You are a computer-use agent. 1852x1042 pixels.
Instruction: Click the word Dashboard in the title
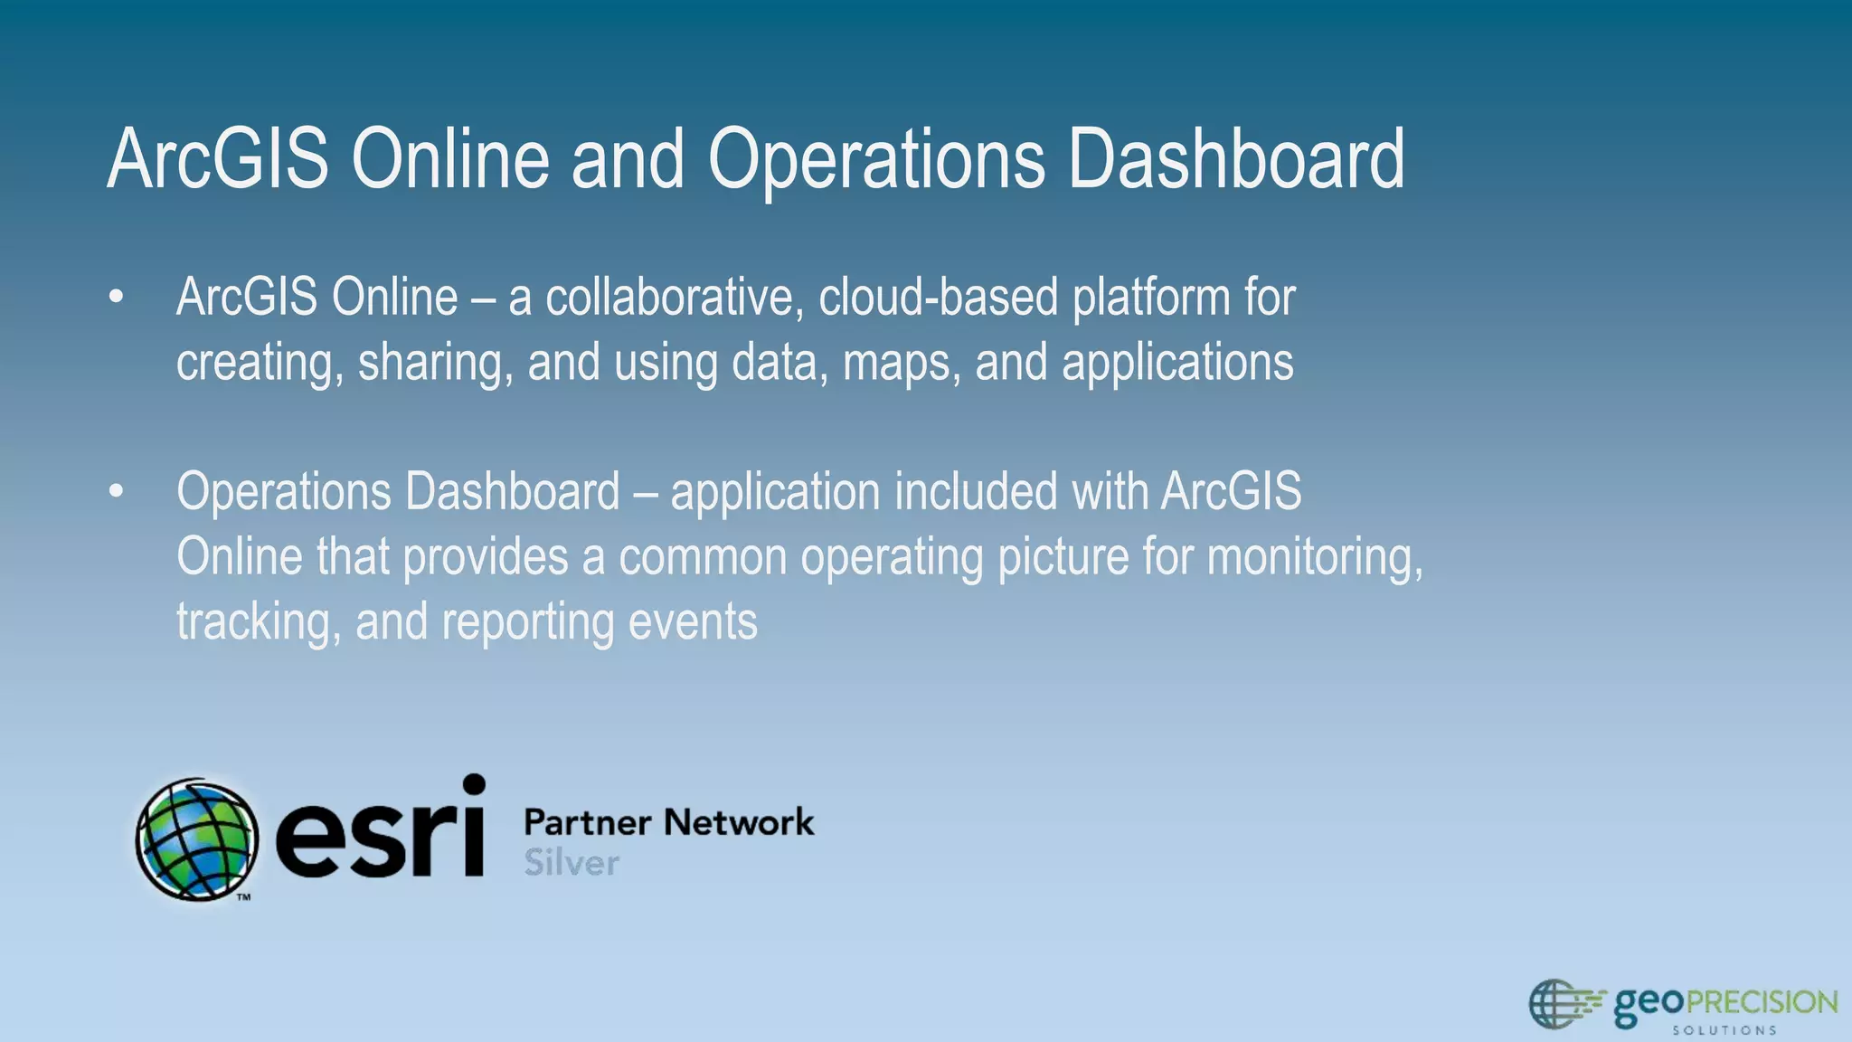click(1235, 159)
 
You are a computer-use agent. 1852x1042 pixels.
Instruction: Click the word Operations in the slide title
click(875, 159)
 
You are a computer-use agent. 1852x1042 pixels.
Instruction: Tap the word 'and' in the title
click(628, 159)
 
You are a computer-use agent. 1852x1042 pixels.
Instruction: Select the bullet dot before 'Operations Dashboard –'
click(115, 492)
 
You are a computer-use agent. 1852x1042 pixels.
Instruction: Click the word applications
click(1177, 364)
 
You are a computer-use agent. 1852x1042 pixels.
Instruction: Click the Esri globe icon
click(196, 839)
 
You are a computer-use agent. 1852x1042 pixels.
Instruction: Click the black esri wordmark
click(380, 832)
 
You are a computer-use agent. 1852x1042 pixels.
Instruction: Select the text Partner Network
click(668, 822)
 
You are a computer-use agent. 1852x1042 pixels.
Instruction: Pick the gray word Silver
click(572, 863)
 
